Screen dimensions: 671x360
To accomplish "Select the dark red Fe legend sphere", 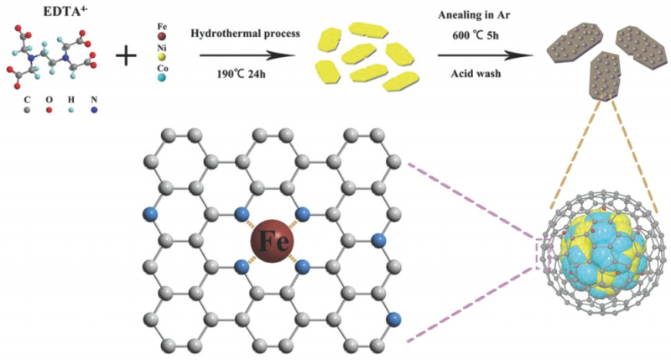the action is (x=162, y=37).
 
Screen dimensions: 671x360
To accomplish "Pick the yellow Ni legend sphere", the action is (x=162, y=57).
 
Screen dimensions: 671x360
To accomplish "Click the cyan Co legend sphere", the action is (x=162, y=77).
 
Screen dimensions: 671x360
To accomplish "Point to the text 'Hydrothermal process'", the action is (x=245, y=34).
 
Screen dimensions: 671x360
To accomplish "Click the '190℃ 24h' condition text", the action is (x=241, y=74).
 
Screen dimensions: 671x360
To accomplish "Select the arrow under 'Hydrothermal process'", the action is (x=247, y=55).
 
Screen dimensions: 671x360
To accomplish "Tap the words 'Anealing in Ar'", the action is (x=474, y=15).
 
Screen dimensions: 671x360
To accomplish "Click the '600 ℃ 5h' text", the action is (x=476, y=35).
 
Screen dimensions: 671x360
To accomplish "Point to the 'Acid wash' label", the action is (x=476, y=74).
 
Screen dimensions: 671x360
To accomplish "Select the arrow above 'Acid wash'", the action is (x=486, y=55).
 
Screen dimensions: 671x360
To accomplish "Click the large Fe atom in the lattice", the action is (x=272, y=241).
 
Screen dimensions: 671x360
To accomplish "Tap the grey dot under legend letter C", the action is (x=28, y=111).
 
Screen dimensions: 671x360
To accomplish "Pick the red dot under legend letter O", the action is (x=49, y=111).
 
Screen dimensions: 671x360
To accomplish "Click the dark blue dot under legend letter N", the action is (x=94, y=111).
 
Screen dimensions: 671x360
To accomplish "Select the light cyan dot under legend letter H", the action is (x=71, y=111).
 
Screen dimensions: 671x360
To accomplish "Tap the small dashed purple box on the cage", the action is (x=542, y=252).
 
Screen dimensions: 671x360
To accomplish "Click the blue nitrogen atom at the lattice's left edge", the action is (x=150, y=214).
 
